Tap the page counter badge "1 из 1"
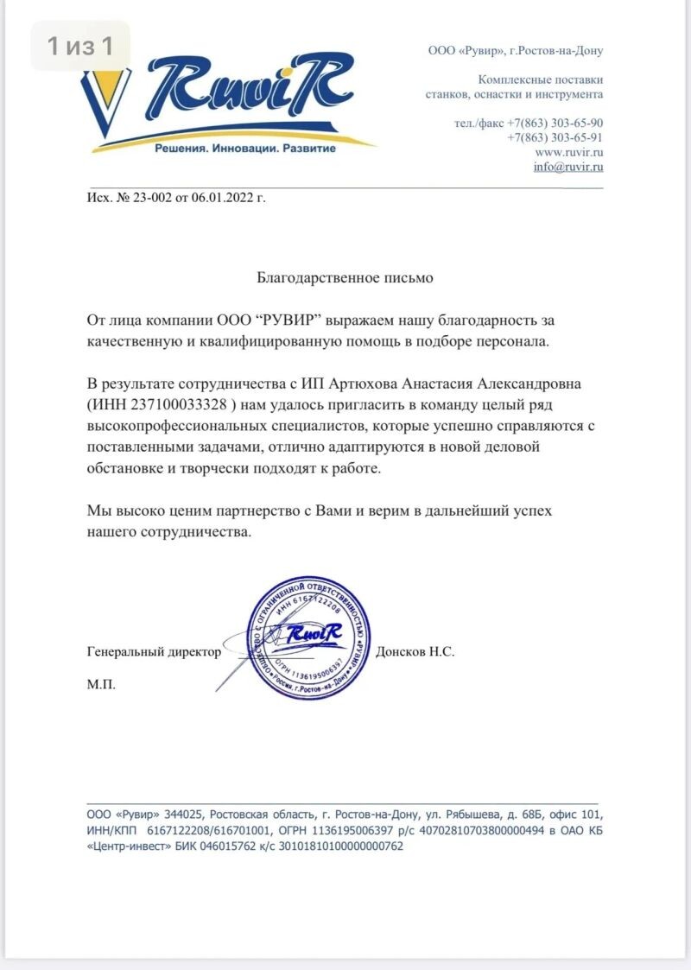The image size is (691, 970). (80, 46)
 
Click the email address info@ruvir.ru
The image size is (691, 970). (567, 167)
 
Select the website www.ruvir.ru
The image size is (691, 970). (569, 152)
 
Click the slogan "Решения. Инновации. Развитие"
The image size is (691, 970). (244, 149)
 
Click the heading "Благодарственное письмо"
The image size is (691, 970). (345, 278)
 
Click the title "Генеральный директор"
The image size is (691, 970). (155, 652)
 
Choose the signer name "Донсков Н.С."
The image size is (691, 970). (415, 652)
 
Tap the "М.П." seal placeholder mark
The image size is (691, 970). (101, 684)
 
